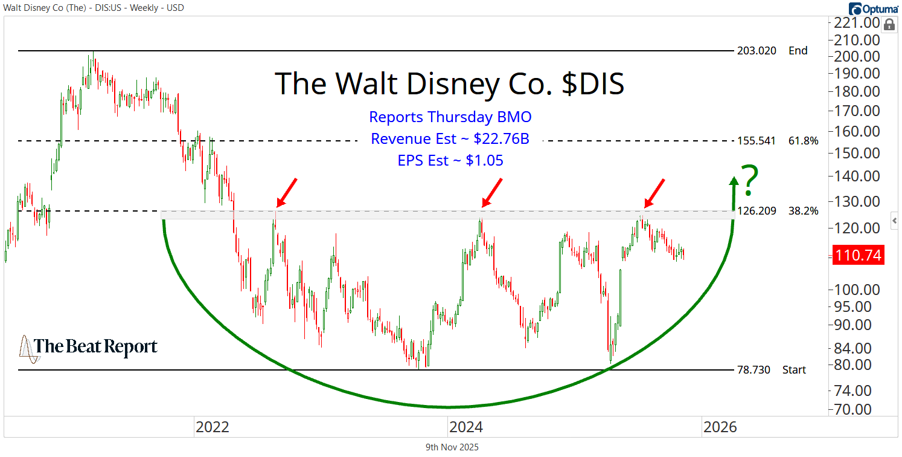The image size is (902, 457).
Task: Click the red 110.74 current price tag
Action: (x=858, y=256)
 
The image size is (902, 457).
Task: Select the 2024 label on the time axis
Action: (x=465, y=427)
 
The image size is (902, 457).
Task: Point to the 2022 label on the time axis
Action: (x=212, y=427)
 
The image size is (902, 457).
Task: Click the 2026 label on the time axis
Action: (x=720, y=427)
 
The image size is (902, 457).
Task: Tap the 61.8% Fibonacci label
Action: (x=803, y=141)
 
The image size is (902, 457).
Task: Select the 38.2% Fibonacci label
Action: (x=803, y=211)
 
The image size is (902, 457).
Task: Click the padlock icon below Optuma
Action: (x=889, y=25)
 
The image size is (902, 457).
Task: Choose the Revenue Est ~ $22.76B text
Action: (x=450, y=139)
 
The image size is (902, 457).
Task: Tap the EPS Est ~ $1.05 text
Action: (x=450, y=161)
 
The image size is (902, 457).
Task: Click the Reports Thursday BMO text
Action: (x=450, y=117)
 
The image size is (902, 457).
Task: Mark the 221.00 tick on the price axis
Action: (x=857, y=23)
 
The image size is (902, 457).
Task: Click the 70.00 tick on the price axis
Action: (x=853, y=409)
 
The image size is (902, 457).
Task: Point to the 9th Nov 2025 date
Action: (x=452, y=447)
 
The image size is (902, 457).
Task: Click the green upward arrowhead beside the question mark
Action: (x=734, y=181)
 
